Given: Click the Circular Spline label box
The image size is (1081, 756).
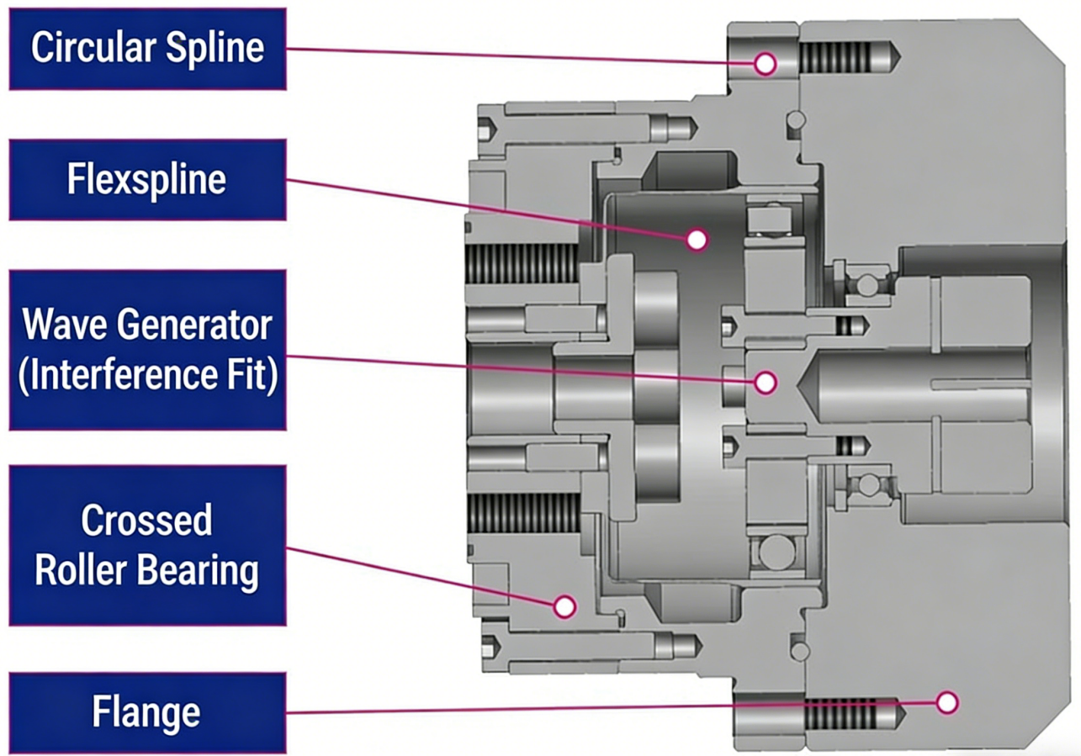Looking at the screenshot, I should (x=147, y=49).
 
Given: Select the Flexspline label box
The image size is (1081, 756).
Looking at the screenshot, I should (x=147, y=180).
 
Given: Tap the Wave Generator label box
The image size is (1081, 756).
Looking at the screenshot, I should (x=147, y=349).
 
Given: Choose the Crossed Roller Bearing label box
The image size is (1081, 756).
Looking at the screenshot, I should (x=147, y=545).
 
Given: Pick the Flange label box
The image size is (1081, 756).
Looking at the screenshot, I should (x=147, y=713).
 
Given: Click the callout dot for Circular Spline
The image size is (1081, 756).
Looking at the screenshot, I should (x=765, y=63).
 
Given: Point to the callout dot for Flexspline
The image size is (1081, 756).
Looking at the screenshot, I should (x=696, y=241).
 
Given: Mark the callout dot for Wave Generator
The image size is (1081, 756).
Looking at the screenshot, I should (x=765, y=383).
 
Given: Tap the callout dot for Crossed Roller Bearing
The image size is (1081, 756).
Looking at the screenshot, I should (x=564, y=605).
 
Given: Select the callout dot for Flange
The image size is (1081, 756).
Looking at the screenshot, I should (x=947, y=702).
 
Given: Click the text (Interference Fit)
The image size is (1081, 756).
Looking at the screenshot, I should (x=148, y=375).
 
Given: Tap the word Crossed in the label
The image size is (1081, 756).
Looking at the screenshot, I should (x=147, y=521).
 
